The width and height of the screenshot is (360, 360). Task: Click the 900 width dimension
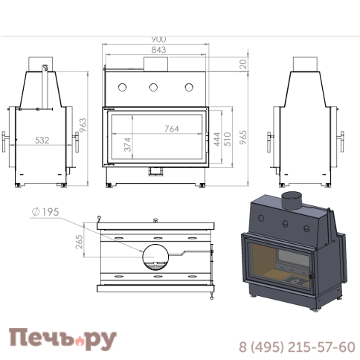[x=156, y=39]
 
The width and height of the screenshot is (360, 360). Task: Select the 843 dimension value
[x=156, y=50]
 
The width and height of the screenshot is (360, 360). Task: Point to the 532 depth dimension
[x=42, y=139]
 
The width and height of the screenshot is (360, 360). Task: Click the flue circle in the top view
[x=156, y=254]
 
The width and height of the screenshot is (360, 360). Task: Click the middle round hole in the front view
[x=154, y=87]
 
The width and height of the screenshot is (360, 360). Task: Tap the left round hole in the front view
[x=121, y=87]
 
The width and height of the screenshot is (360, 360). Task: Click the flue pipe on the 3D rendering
[x=292, y=199]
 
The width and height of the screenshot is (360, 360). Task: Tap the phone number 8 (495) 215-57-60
[x=296, y=347]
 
